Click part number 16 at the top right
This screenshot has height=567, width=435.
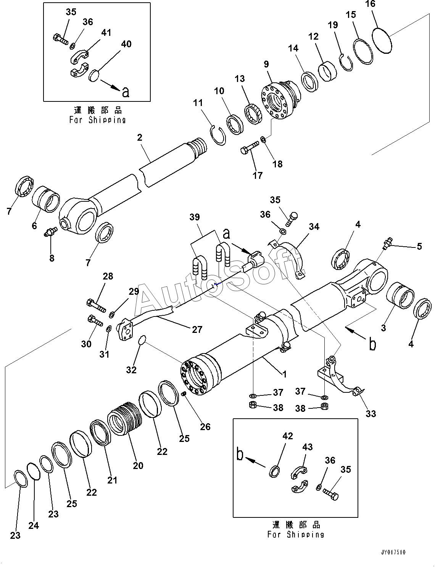click(x=370, y=4)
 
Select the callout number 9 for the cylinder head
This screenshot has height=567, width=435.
click(x=266, y=64)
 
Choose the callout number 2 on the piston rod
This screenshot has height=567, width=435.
click(x=140, y=138)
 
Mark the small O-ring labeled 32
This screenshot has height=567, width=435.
click(x=141, y=340)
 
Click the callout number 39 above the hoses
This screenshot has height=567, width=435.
click(x=195, y=217)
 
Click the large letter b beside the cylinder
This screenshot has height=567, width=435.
click(x=372, y=344)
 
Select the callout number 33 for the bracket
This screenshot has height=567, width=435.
click(x=371, y=413)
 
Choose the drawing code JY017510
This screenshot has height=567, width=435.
click(x=393, y=552)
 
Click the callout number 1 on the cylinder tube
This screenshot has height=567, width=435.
click(x=284, y=374)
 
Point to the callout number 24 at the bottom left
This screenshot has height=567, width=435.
click(x=34, y=525)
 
